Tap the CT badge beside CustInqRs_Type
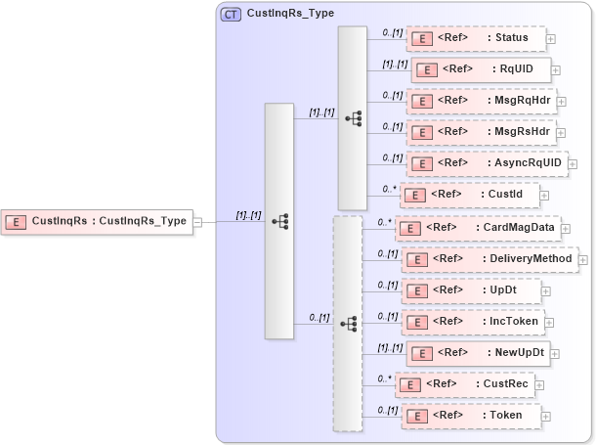point(232,14)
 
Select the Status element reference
point(474,38)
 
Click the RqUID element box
point(481,68)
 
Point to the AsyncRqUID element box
point(487,162)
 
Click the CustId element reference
point(469,195)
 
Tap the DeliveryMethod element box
point(490,259)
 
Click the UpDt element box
point(471,290)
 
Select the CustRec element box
point(467,384)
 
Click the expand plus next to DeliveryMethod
point(583,260)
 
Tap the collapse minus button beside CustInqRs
point(197,222)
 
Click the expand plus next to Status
point(551,39)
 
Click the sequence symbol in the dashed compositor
point(348,324)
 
